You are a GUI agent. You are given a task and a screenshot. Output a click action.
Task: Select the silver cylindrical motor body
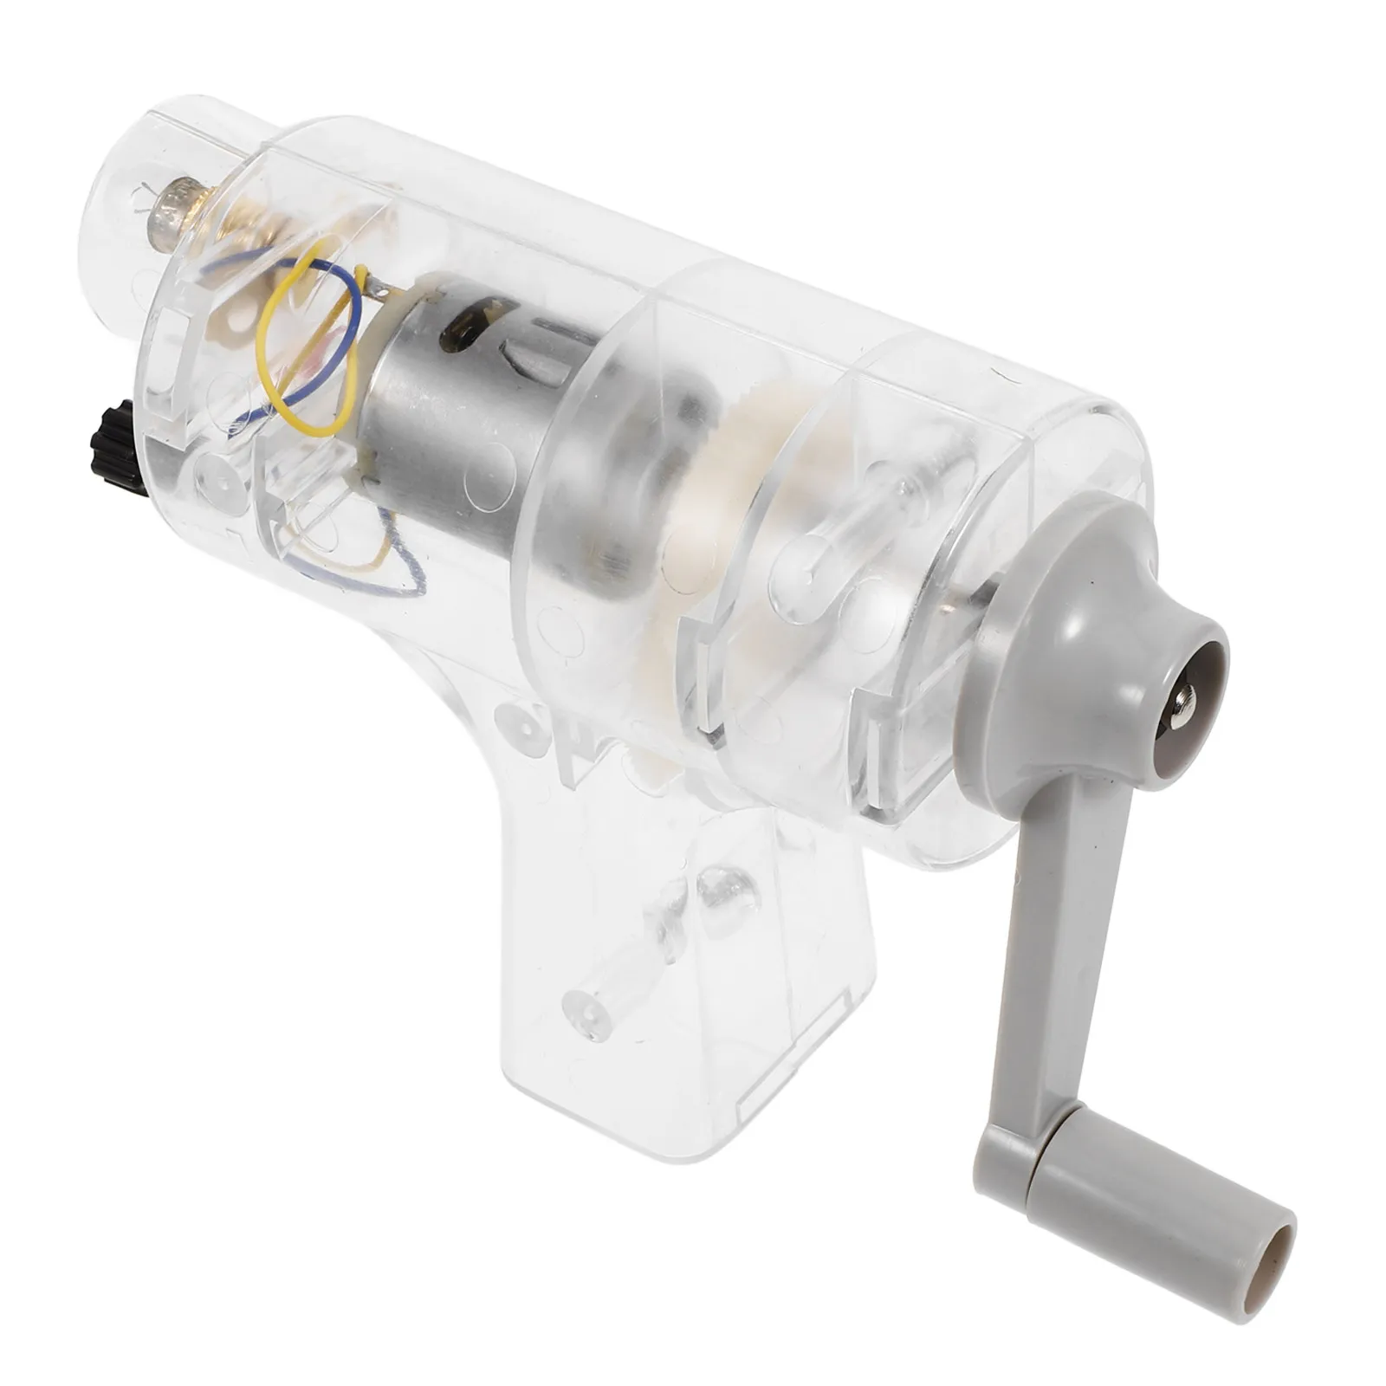click(450, 407)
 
